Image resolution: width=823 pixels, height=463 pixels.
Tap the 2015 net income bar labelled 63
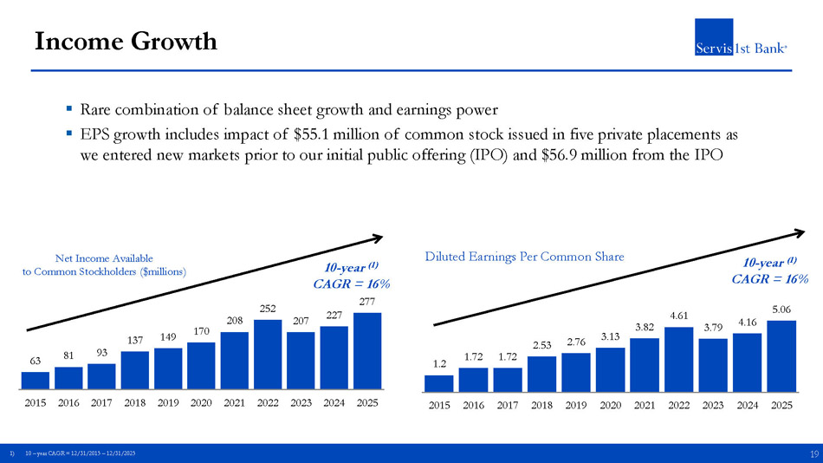35,380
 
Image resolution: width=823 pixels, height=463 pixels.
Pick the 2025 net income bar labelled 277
367,350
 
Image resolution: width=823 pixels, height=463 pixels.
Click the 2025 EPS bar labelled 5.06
781,355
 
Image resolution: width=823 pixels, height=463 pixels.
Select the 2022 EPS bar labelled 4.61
679,358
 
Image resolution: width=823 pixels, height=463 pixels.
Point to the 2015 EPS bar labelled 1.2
439,382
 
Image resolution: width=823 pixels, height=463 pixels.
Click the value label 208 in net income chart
234,321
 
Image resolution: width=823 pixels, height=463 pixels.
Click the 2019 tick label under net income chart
168,403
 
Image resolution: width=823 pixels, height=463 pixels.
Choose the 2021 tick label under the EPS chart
645,405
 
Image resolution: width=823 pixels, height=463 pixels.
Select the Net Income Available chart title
104,264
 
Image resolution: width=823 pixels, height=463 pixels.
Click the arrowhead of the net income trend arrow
378,236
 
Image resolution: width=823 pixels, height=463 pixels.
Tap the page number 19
813,453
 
